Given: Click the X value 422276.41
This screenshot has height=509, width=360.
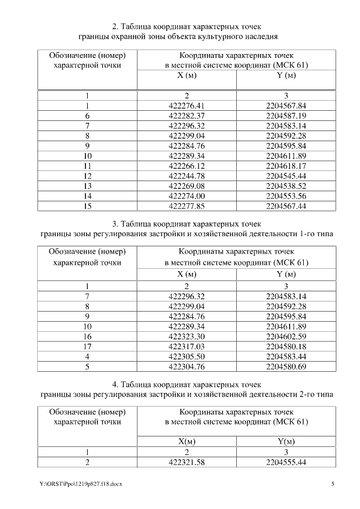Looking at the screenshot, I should click(x=187, y=106).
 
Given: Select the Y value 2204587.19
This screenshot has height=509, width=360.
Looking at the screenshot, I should click(x=286, y=116).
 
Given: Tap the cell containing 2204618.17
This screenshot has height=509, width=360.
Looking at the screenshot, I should click(x=286, y=166).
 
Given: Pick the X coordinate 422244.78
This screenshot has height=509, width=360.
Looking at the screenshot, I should click(x=187, y=177).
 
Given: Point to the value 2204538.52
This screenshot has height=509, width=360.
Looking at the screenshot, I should click(x=286, y=187).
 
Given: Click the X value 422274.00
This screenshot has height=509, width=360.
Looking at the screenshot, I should click(x=187, y=197).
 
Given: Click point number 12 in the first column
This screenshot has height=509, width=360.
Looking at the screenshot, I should click(x=87, y=177).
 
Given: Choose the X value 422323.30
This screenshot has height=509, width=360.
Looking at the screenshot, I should click(x=187, y=336).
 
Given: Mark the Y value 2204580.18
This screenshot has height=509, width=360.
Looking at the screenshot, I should click(x=286, y=346).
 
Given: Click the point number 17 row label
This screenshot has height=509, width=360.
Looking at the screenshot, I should click(x=87, y=346).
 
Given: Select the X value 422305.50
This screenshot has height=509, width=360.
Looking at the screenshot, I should click(x=187, y=357).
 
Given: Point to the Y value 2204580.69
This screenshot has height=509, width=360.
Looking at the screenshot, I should click(x=286, y=367).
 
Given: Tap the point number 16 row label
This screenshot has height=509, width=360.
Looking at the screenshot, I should click(x=87, y=336).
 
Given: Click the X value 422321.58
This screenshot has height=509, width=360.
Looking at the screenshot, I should click(x=187, y=462).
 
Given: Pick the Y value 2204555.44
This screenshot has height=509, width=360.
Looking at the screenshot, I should click(x=286, y=462).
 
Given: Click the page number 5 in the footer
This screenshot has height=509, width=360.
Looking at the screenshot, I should click(x=332, y=484).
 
